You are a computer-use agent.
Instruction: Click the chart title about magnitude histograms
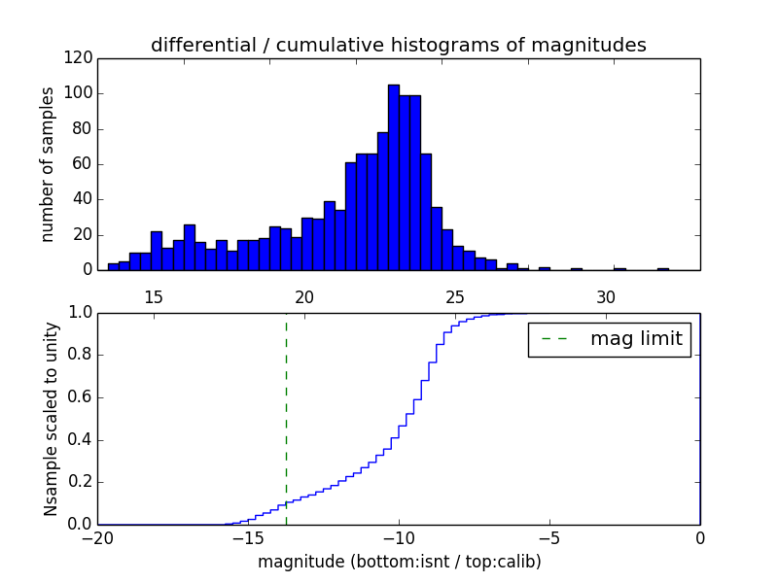[398, 45]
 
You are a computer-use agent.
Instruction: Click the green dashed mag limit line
[286, 418]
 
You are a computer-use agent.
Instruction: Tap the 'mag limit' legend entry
[609, 339]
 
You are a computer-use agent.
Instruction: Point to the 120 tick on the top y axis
[81, 58]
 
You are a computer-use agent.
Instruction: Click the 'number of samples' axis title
[48, 164]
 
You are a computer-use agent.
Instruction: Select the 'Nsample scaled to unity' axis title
[51, 419]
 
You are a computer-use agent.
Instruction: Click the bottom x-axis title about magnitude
[399, 562]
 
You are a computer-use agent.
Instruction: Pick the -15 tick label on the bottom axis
[248, 538]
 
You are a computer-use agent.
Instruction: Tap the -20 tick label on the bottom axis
[97, 538]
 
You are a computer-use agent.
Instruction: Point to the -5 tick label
[549, 538]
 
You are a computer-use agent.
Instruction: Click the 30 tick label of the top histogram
[606, 297]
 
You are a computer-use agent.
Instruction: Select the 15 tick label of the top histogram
[154, 297]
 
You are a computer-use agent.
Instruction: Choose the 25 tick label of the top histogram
[455, 297]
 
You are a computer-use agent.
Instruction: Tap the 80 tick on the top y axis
[84, 129]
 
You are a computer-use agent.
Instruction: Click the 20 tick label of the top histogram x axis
[304, 297]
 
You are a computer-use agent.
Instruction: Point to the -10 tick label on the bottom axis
[399, 538]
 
